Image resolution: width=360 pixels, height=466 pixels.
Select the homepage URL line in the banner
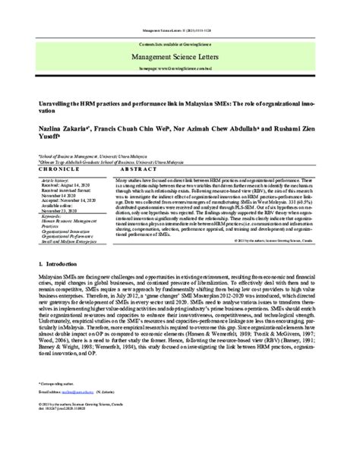point(180,69)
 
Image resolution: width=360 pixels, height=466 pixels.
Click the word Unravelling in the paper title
point(62,99)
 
